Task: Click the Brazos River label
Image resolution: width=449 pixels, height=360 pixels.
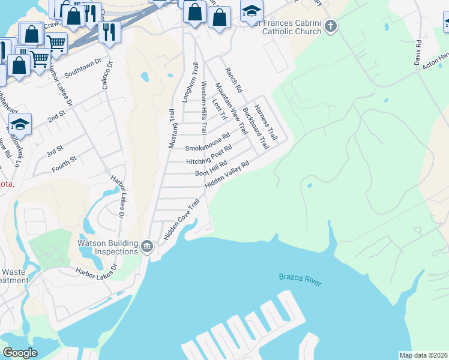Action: point(301,277)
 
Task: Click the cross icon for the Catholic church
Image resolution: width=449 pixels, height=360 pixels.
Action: point(332,26)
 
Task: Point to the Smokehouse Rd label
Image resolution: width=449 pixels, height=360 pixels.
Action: point(208,143)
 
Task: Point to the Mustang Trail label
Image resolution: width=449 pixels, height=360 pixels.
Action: point(172,128)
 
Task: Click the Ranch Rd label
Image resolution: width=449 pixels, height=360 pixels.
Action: point(234,80)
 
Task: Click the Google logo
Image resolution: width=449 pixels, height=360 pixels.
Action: point(20,352)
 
